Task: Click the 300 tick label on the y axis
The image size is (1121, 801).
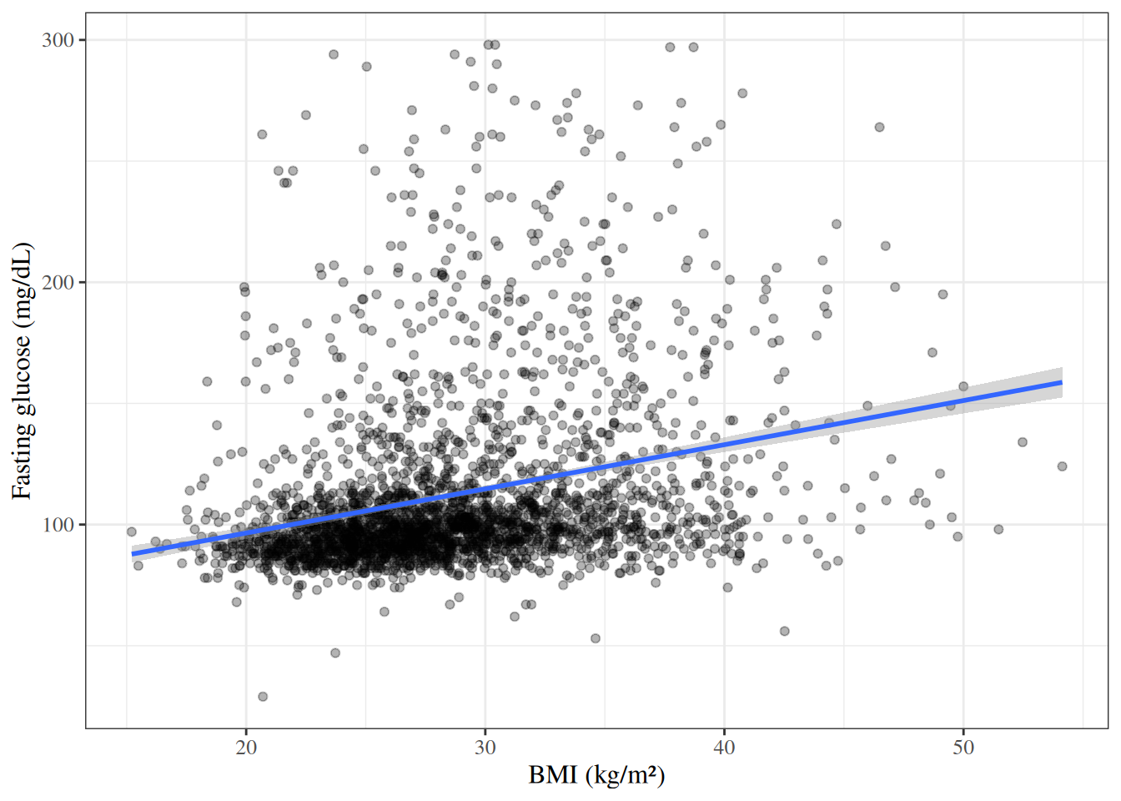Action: pos(58,40)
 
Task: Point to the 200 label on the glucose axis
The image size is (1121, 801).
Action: pos(58,282)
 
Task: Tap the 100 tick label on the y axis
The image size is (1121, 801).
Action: pos(58,525)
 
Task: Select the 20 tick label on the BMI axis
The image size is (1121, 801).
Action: pos(246,748)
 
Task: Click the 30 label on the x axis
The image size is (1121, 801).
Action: pos(485,748)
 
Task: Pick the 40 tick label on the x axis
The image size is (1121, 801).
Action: pos(724,748)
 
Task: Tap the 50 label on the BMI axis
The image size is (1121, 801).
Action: pos(963,748)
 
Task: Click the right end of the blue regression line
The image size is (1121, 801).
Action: pos(1062,382)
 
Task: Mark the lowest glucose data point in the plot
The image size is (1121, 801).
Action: pos(263,697)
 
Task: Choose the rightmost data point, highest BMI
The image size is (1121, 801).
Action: pos(1062,466)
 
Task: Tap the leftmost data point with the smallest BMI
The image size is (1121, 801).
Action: pos(132,531)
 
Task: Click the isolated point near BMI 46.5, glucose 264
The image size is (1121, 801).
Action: pos(879,127)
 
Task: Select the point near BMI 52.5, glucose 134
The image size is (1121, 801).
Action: pos(1023,442)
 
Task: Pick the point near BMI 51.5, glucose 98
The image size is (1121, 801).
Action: pos(998,529)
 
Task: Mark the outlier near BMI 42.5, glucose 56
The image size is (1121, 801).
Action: pos(785,631)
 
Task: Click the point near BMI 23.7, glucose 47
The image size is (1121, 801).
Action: pos(335,652)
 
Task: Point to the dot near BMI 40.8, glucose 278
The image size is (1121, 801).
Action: pos(742,93)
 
